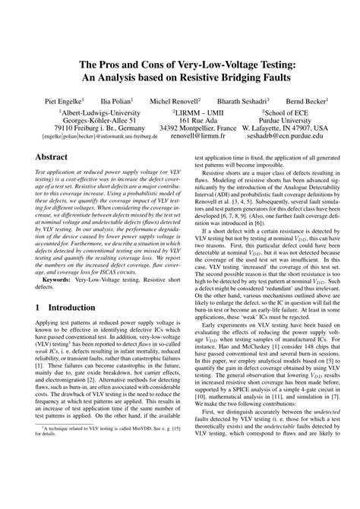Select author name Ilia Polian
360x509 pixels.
[116, 100]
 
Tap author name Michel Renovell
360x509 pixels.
[175, 100]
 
